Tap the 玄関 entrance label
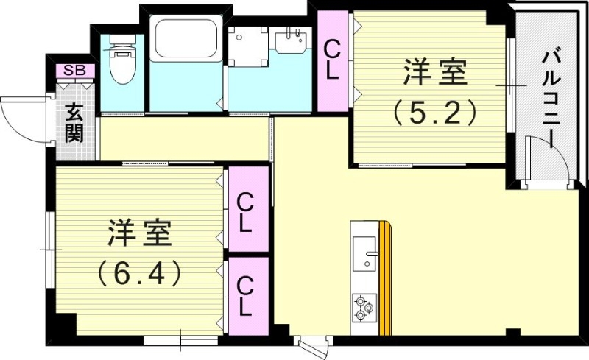[74, 123]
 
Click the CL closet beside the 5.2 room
[333, 60]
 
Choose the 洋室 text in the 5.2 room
[434, 74]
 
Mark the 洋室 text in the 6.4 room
[140, 233]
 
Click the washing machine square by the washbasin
[247, 46]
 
